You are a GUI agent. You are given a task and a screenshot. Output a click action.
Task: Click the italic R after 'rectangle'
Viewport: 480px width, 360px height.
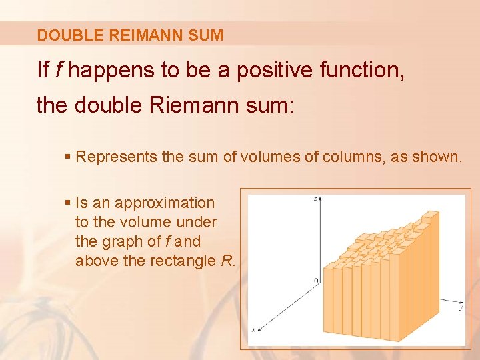tap(227, 261)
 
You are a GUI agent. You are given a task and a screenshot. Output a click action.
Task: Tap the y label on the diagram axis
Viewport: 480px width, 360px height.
tap(461, 308)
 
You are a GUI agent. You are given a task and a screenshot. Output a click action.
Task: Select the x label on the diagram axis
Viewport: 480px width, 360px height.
tap(253, 329)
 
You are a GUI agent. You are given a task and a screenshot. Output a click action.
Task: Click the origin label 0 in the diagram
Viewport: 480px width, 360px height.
tap(316, 281)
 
